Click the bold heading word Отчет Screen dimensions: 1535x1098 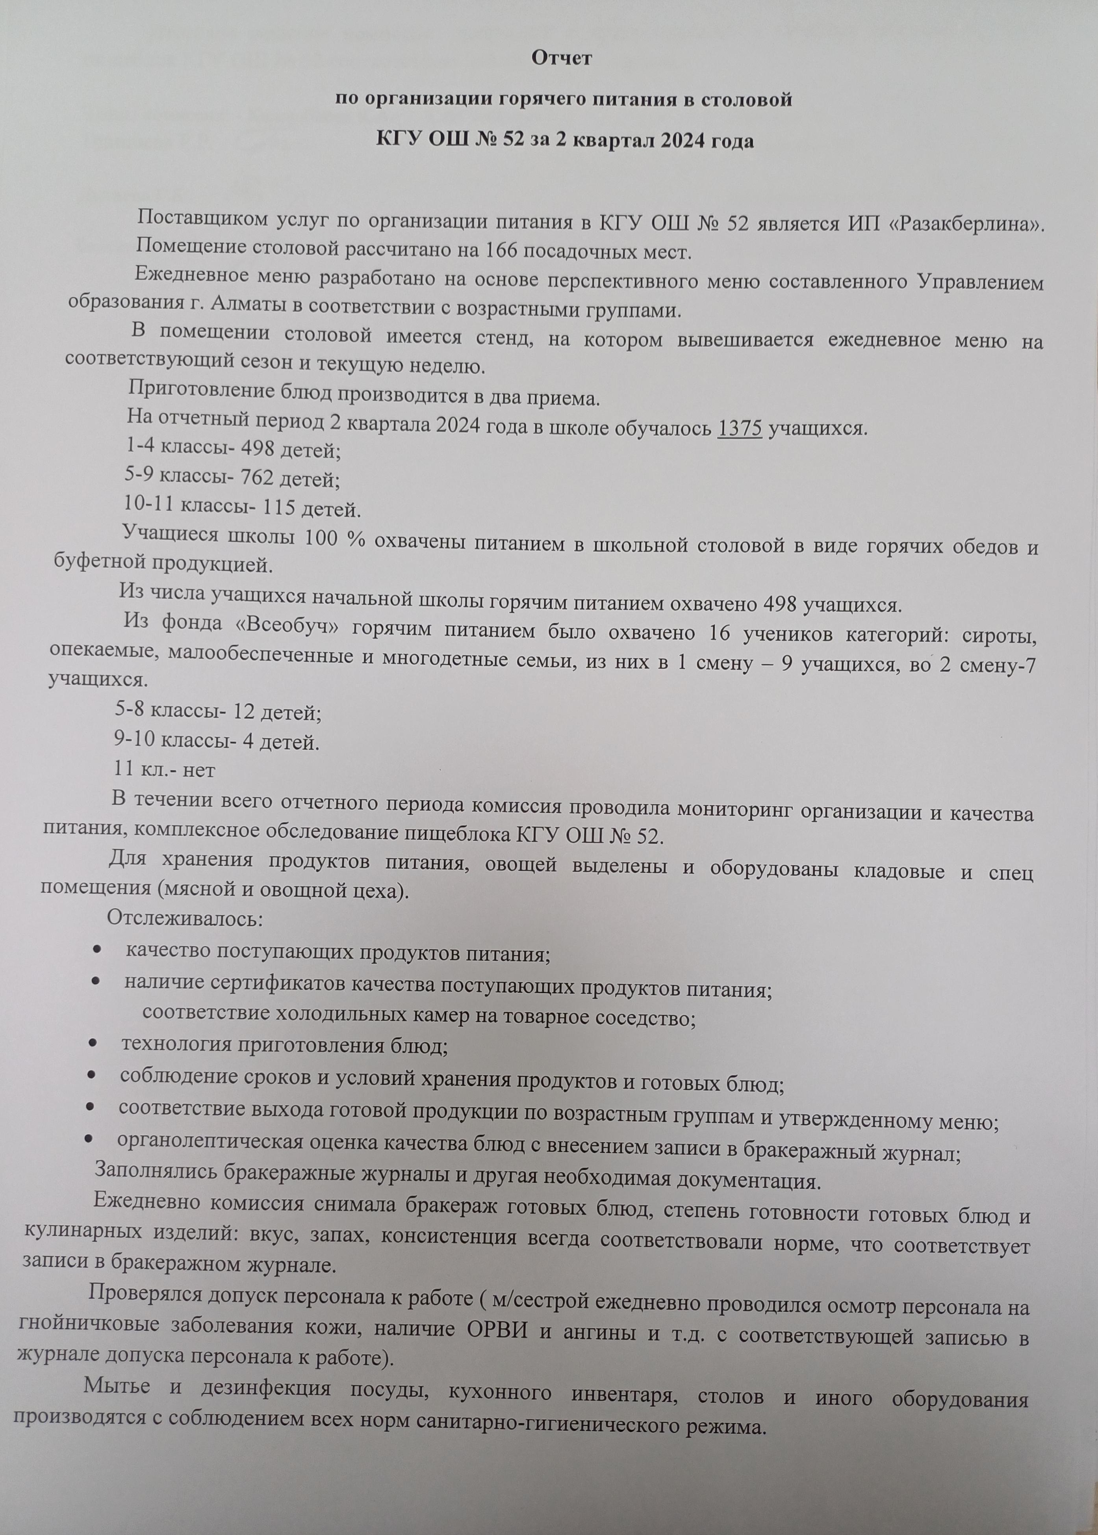coord(561,59)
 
